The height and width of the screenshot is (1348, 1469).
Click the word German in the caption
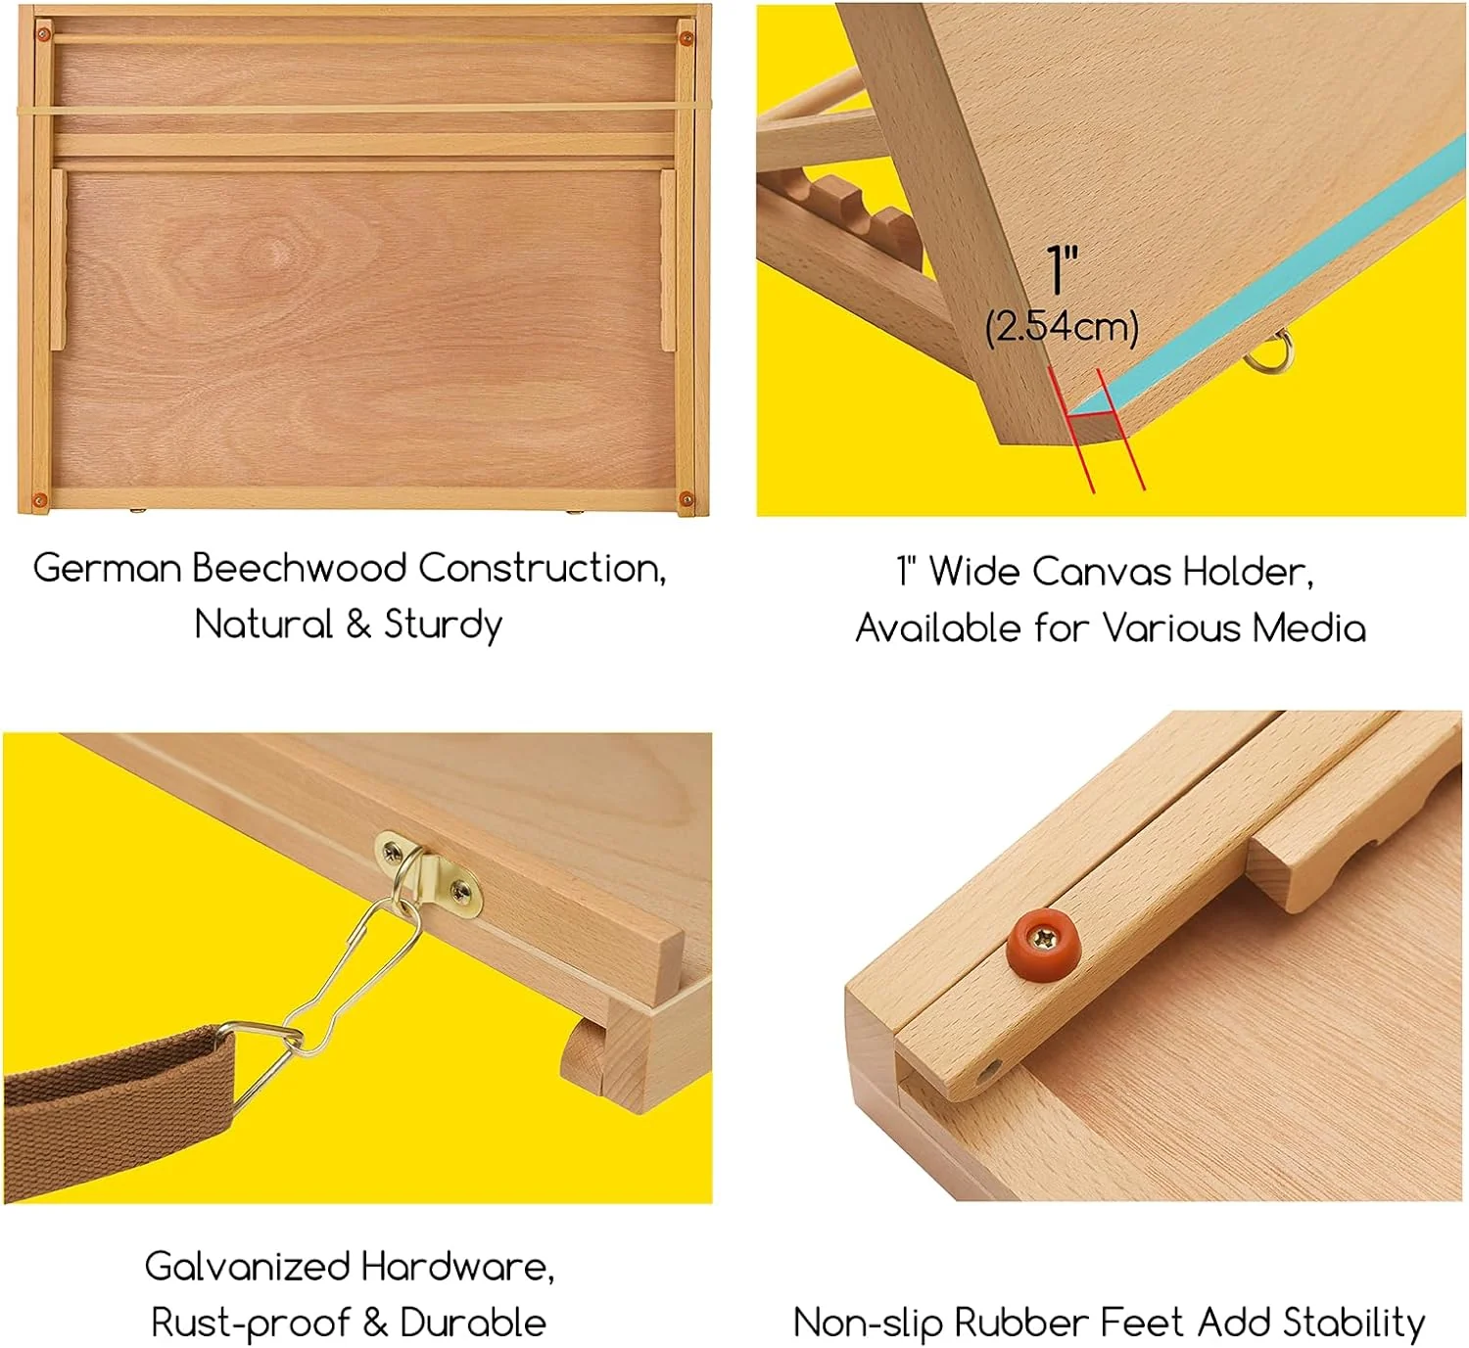pos(107,569)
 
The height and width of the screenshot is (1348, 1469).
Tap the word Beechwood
pos(299,569)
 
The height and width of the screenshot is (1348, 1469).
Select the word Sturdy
pos(443,625)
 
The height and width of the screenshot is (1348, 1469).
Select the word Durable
pos(473,1324)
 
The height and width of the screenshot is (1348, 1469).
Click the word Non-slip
pos(868,1324)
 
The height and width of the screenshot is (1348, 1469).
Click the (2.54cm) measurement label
pos(1062,326)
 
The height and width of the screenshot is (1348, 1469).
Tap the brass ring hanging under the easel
pos(1270,352)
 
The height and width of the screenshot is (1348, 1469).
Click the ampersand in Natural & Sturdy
pos(358,625)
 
